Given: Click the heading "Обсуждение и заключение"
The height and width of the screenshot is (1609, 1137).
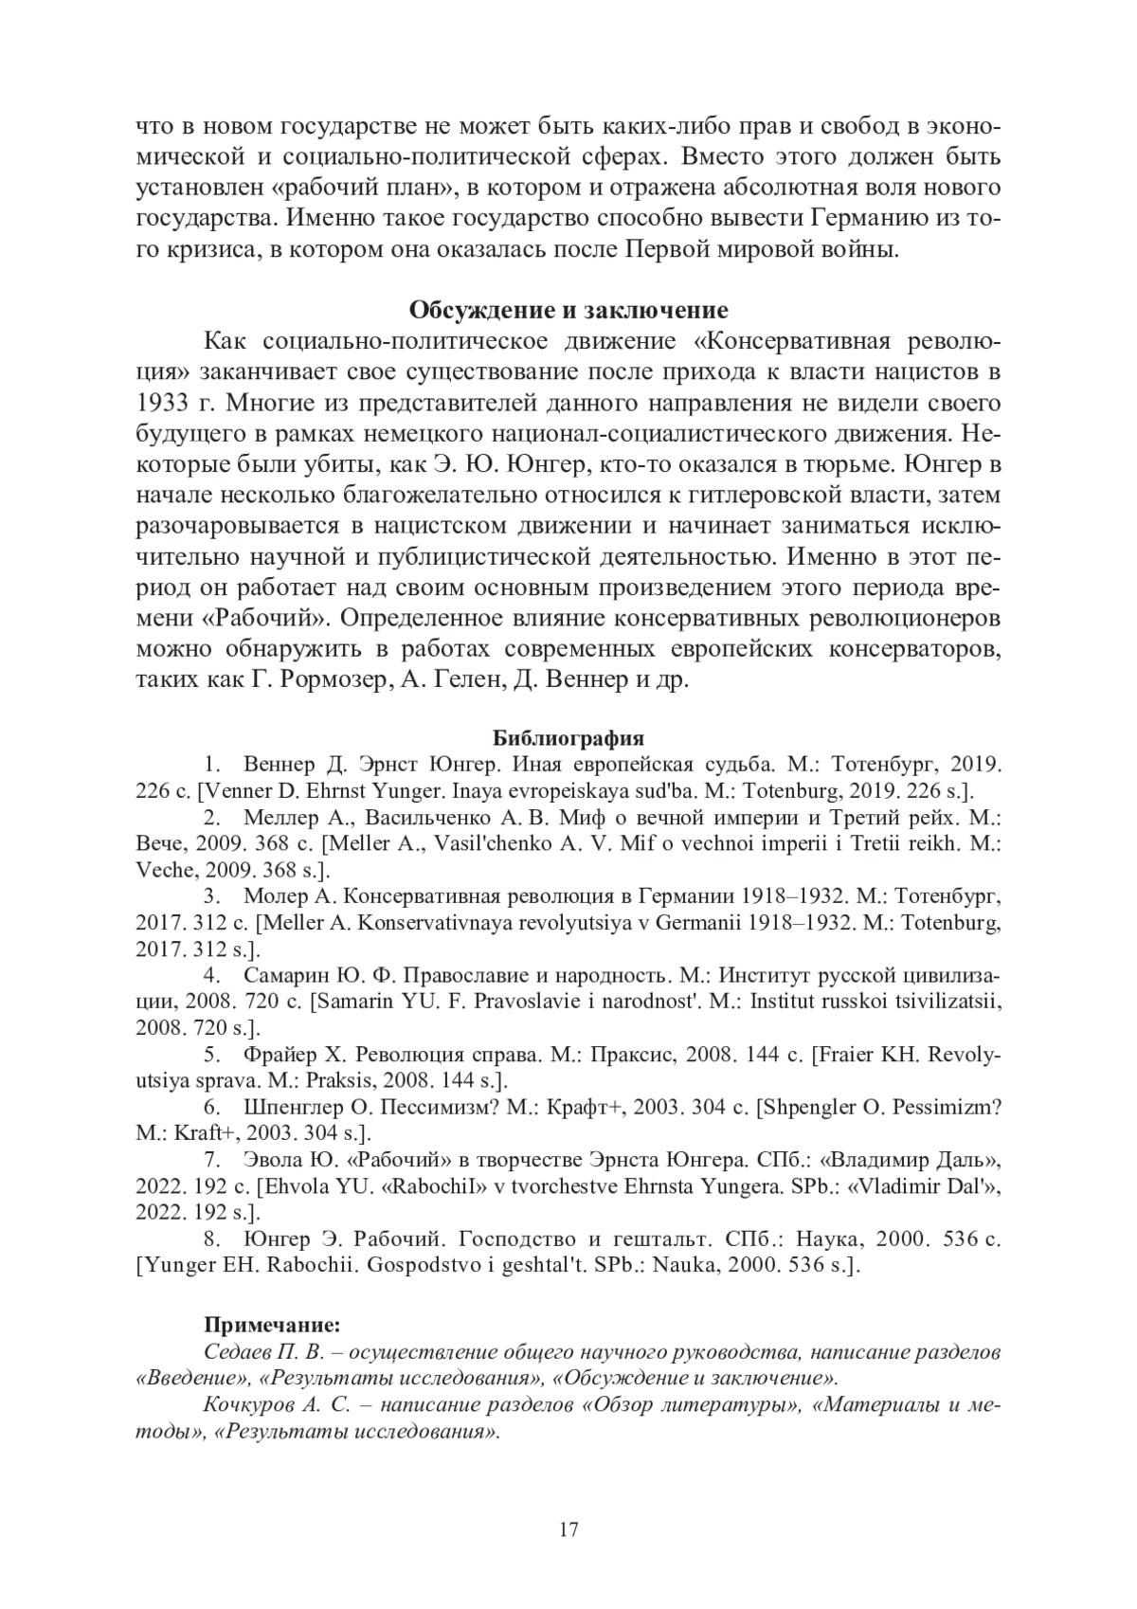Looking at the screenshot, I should [x=568, y=311].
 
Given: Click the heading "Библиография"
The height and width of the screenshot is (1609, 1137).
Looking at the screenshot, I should [x=568, y=738].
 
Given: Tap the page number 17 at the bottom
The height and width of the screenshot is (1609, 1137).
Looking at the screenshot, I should [x=568, y=1529].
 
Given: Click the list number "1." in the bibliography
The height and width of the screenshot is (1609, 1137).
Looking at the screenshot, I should [x=212, y=764].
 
